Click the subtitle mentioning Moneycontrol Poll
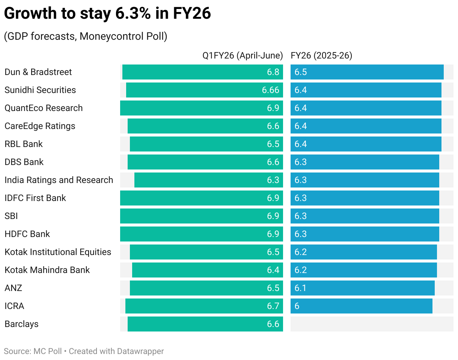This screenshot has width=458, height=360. (x=86, y=36)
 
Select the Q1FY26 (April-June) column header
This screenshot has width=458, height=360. (x=243, y=55)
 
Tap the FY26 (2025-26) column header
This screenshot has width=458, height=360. (x=321, y=55)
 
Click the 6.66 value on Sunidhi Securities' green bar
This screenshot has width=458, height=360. (x=270, y=90)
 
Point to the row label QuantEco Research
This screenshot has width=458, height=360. (x=44, y=108)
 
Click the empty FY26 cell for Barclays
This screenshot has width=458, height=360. (x=372, y=324)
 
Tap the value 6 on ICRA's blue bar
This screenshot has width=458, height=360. (x=297, y=306)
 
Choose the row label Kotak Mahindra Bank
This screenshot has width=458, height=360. (x=47, y=270)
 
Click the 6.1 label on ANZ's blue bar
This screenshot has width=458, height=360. (x=301, y=288)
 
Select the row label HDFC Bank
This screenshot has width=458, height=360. (x=27, y=234)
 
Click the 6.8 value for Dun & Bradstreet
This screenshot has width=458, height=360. (x=273, y=72)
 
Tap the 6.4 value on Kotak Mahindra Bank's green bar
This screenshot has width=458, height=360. (x=273, y=270)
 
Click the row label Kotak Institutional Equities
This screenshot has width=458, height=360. (x=58, y=252)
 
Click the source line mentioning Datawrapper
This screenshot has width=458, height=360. (x=84, y=351)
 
